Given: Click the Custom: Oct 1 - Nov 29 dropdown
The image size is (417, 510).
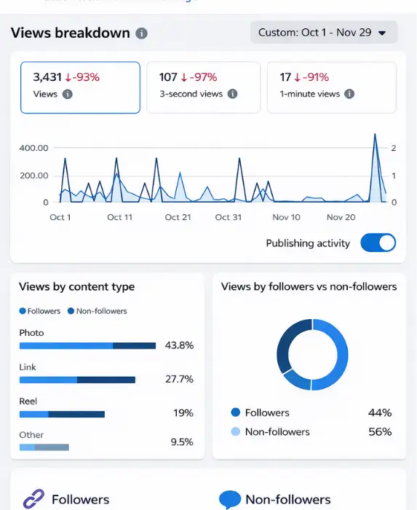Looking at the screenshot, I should tap(324, 33).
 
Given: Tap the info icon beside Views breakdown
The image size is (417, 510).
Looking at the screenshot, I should tap(141, 34).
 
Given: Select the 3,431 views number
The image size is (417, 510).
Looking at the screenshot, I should tap(48, 76).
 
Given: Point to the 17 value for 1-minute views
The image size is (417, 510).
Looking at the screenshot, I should tap(285, 76).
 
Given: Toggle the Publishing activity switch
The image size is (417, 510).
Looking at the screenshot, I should tap(378, 243).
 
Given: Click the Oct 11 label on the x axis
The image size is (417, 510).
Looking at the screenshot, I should tap(119, 217).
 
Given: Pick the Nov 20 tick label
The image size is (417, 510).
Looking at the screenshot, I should tap(341, 217).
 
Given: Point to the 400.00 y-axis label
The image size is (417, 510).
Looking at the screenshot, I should tap(33, 148).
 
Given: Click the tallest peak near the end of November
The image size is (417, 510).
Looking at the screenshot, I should tap(375, 135).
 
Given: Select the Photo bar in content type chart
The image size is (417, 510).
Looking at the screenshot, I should tap(87, 345).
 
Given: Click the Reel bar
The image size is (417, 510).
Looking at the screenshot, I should tap(62, 414).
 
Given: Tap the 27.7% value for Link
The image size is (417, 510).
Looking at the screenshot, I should tap(179, 380).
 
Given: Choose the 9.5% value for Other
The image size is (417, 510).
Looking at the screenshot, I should tap(181, 442).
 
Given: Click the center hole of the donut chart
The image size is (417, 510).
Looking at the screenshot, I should tap(312, 354).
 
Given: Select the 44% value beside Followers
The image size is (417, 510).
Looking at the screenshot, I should tap(380, 412).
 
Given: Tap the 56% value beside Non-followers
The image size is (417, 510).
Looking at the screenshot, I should tap(380, 431).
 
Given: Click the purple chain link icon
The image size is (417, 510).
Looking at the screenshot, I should tap(33, 499).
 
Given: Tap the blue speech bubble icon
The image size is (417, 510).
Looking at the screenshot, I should tap(230, 499).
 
